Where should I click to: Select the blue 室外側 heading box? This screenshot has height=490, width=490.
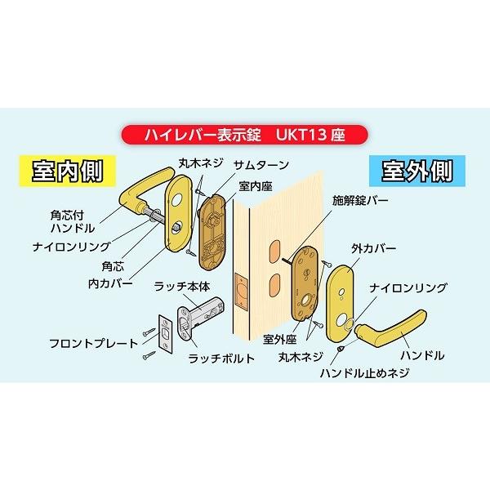tap(417, 171)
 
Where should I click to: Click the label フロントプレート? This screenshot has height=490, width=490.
tap(92, 343)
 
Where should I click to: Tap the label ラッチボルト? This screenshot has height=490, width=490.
tap(221, 359)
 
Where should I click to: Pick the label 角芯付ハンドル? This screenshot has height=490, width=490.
tap(77, 222)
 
